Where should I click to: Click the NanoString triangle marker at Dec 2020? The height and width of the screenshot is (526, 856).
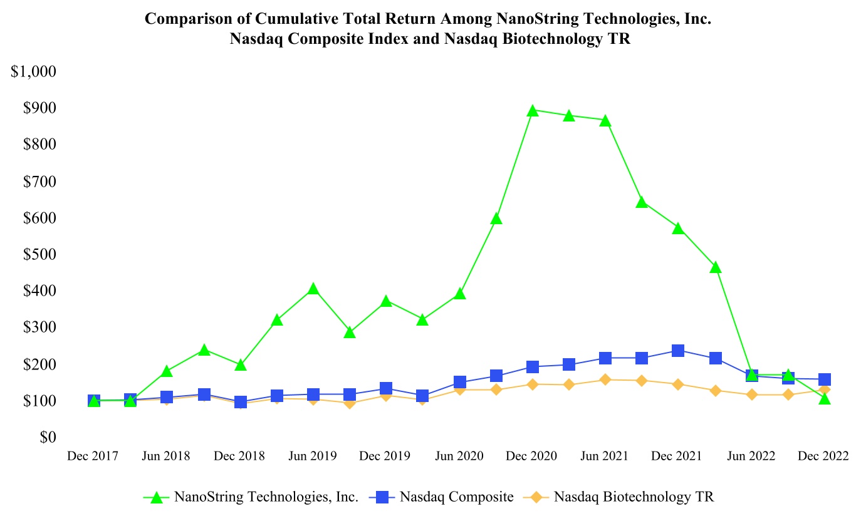tap(532, 111)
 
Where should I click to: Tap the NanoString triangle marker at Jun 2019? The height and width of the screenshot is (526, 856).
tap(313, 289)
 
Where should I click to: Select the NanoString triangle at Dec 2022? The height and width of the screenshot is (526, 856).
tap(824, 398)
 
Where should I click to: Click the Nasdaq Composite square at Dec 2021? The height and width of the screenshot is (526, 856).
tap(678, 351)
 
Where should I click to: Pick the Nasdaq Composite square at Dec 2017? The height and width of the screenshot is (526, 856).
tap(94, 401)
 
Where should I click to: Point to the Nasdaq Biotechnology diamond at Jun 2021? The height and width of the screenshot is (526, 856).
tap(605, 379)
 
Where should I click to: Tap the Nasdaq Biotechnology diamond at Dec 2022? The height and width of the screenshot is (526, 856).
tap(824, 389)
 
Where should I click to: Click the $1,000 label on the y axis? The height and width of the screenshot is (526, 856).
tap(34, 71)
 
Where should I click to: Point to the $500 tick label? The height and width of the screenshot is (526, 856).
tap(39, 254)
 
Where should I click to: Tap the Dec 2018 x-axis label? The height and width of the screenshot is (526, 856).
tap(240, 456)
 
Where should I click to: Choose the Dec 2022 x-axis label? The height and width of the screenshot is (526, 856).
tap(823, 456)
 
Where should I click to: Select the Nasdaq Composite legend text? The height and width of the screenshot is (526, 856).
tap(457, 497)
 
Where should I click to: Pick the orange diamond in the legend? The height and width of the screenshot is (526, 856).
tap(536, 497)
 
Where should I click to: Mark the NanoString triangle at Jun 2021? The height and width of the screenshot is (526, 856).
tap(605, 121)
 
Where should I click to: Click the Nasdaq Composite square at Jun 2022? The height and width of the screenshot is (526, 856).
tap(751, 375)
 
